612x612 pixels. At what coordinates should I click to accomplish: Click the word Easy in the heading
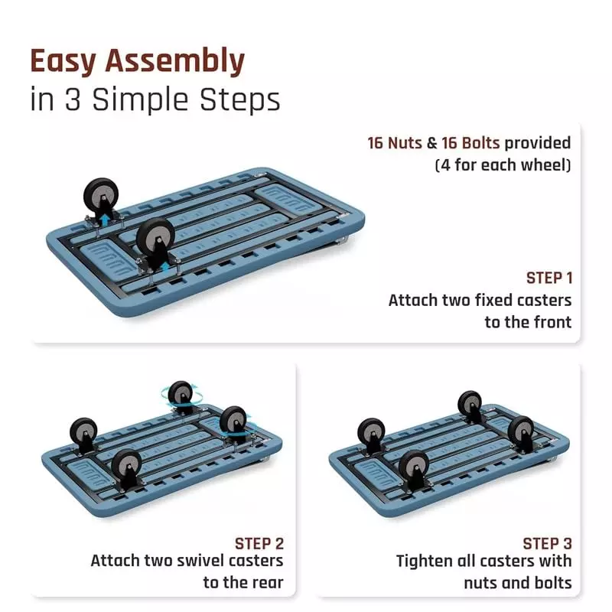[x=63, y=61]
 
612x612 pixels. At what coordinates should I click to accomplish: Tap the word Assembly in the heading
[x=175, y=61]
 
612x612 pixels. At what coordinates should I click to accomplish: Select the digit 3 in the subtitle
[x=73, y=99]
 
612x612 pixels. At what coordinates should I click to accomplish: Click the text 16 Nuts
[x=395, y=143]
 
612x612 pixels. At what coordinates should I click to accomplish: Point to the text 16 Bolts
[x=470, y=143]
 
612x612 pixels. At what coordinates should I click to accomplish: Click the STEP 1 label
[x=549, y=278]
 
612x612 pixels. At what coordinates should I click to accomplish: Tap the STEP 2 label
[x=259, y=544]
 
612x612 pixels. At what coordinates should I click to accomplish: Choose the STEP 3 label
[x=547, y=544]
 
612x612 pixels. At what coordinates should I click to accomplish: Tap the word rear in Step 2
[x=268, y=582]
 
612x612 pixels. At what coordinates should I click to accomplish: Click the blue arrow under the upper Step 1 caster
[x=105, y=220]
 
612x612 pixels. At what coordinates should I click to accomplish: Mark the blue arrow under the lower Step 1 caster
[x=166, y=266]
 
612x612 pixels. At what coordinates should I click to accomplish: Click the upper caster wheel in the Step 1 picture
[x=101, y=194]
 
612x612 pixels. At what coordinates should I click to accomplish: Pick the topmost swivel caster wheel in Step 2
[x=181, y=394]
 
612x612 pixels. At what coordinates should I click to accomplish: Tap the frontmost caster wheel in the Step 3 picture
[x=414, y=467]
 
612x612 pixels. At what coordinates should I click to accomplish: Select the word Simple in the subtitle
[x=142, y=100]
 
